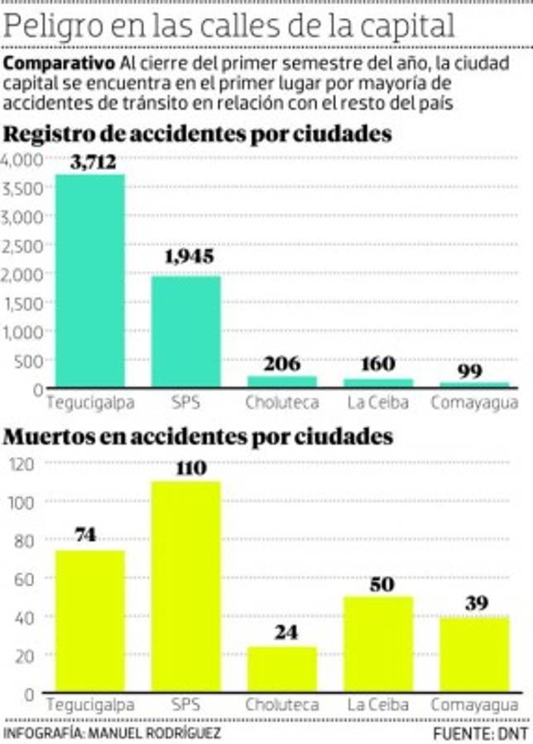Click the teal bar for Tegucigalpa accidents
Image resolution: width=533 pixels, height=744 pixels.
tap(89, 280)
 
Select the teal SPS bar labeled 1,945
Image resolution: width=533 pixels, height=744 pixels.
tap(185, 331)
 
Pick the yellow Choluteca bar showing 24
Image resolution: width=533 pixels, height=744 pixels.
tap(281, 669)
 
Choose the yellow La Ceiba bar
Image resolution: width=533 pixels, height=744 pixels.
tap(377, 643)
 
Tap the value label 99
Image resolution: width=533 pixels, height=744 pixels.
tap(470, 371)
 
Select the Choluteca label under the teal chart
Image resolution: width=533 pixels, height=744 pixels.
tap(281, 404)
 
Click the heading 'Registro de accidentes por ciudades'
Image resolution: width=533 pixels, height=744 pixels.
tap(198, 135)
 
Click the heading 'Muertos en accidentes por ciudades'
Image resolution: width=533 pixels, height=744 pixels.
tap(198, 436)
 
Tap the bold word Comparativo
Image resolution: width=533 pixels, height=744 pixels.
tap(59, 64)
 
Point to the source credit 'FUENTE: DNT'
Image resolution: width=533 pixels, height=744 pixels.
tap(480, 733)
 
